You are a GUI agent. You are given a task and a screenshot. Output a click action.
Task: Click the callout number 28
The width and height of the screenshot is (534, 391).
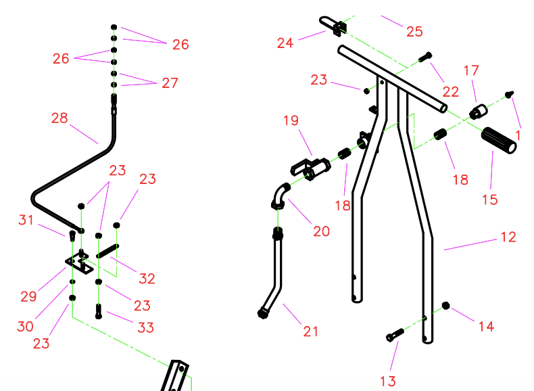click(x=59, y=118)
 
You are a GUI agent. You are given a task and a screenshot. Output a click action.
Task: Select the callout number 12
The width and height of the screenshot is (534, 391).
click(x=508, y=237)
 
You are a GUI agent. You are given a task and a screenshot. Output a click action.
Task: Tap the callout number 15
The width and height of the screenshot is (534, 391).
click(x=490, y=200)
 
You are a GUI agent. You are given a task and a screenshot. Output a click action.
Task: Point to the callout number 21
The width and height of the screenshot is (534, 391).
click(x=310, y=331)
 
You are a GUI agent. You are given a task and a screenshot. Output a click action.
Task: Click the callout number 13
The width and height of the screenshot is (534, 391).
click(x=388, y=381)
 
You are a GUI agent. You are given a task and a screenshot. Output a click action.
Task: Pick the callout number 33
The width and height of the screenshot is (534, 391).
click(x=146, y=327)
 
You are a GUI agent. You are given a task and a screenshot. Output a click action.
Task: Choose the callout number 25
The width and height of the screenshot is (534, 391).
click(x=414, y=31)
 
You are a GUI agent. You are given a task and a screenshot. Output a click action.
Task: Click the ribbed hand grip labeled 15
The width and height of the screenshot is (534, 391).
click(x=499, y=141)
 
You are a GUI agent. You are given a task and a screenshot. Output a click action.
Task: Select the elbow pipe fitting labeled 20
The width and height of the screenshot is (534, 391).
click(x=281, y=196)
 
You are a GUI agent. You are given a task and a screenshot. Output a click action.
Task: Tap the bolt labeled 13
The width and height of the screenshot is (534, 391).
click(x=395, y=334)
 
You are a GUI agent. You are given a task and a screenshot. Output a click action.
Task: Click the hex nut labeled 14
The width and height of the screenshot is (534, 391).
click(x=445, y=306)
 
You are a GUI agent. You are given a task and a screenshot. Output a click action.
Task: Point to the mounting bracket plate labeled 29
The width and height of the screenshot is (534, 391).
click(x=79, y=263)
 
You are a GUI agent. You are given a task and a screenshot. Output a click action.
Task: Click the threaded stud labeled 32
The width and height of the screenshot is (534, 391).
click(x=107, y=251)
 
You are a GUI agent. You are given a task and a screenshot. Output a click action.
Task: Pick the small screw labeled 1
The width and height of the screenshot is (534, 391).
click(x=509, y=94)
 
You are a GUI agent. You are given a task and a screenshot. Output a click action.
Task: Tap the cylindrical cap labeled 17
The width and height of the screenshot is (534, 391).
click(x=478, y=112)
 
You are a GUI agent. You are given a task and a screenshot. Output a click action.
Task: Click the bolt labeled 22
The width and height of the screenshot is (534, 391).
click(x=425, y=57)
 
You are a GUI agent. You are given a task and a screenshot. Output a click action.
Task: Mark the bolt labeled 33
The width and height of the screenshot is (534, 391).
click(x=99, y=311)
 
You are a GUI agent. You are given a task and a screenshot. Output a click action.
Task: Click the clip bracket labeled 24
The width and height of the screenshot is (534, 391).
click(x=333, y=26)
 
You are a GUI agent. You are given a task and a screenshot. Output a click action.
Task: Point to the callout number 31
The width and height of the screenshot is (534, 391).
click(x=26, y=220)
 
